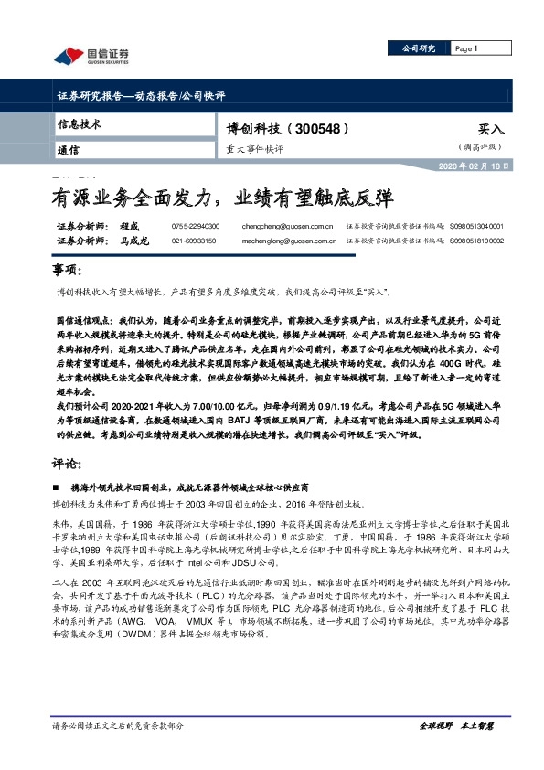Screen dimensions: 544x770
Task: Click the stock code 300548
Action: click(317, 130)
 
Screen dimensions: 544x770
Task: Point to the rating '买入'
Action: click(490, 131)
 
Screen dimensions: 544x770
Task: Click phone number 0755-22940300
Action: click(195, 225)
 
